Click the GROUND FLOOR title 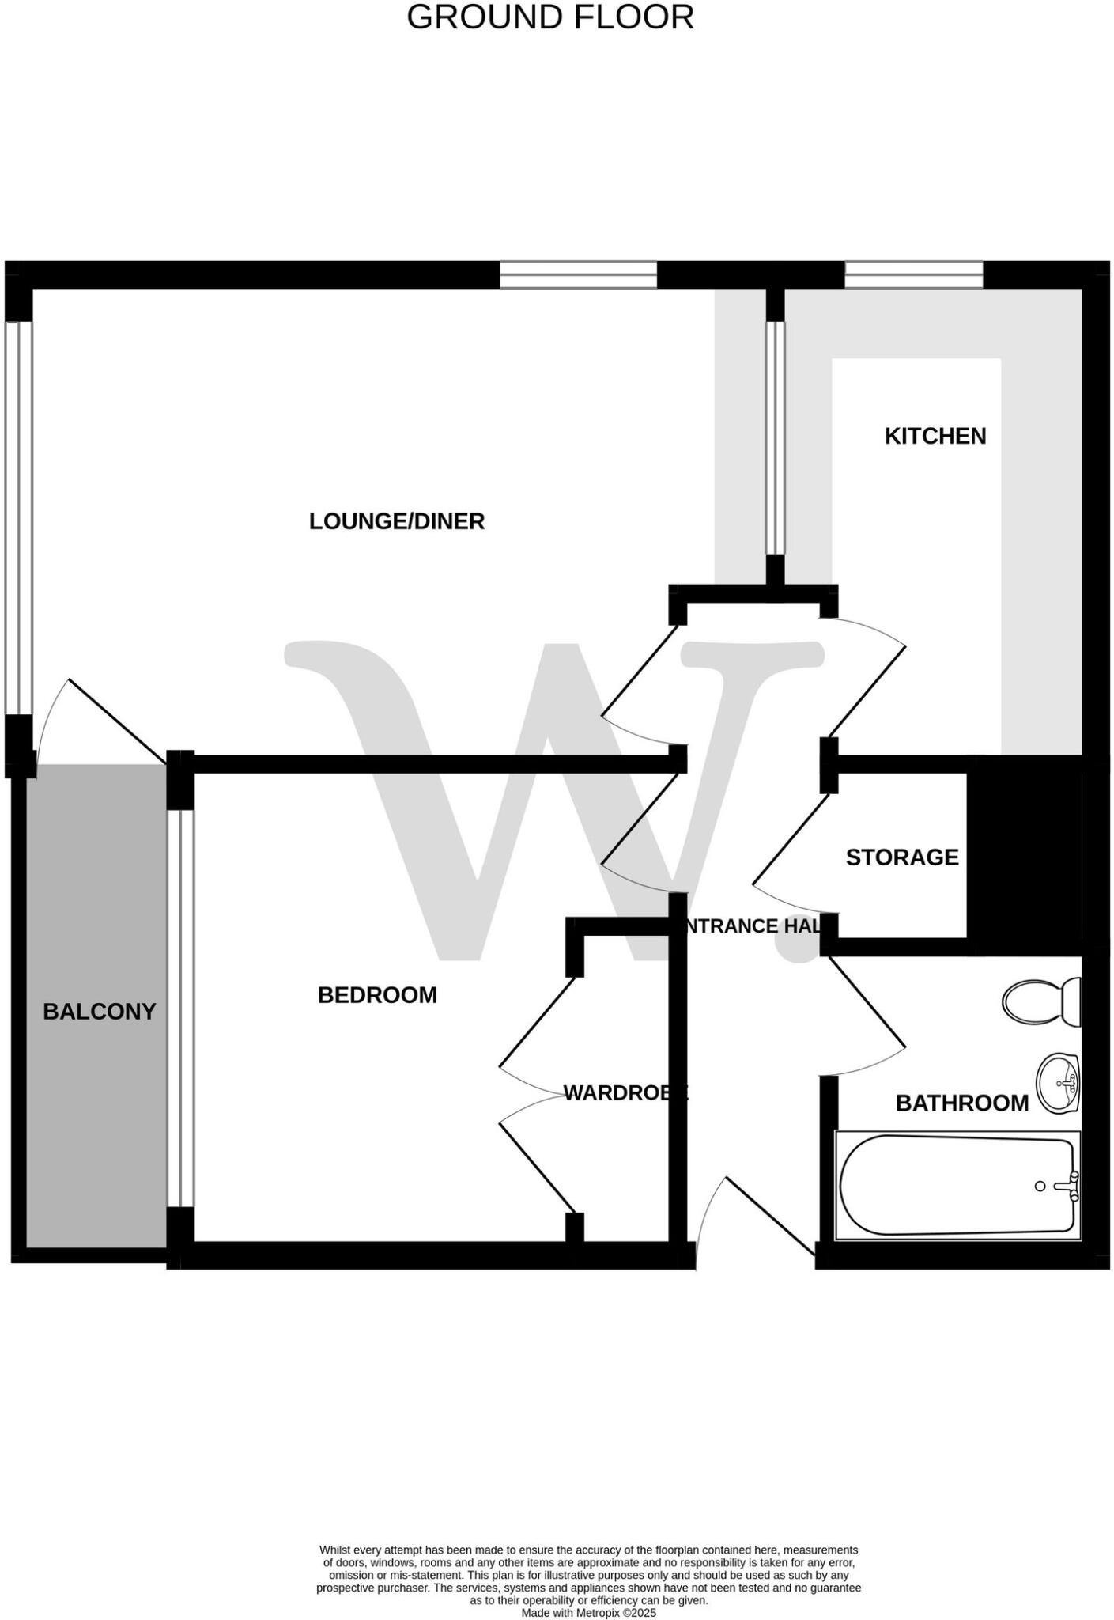(550, 17)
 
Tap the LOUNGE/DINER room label (396, 521)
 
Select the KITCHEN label (935, 436)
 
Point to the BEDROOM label (377, 995)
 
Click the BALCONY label (99, 1012)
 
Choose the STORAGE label (902, 857)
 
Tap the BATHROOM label (961, 1103)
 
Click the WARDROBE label (625, 1093)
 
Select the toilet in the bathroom (1042, 1001)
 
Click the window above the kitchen (913, 275)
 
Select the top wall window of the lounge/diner (578, 275)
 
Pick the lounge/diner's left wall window (19, 518)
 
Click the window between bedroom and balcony (181, 1008)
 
